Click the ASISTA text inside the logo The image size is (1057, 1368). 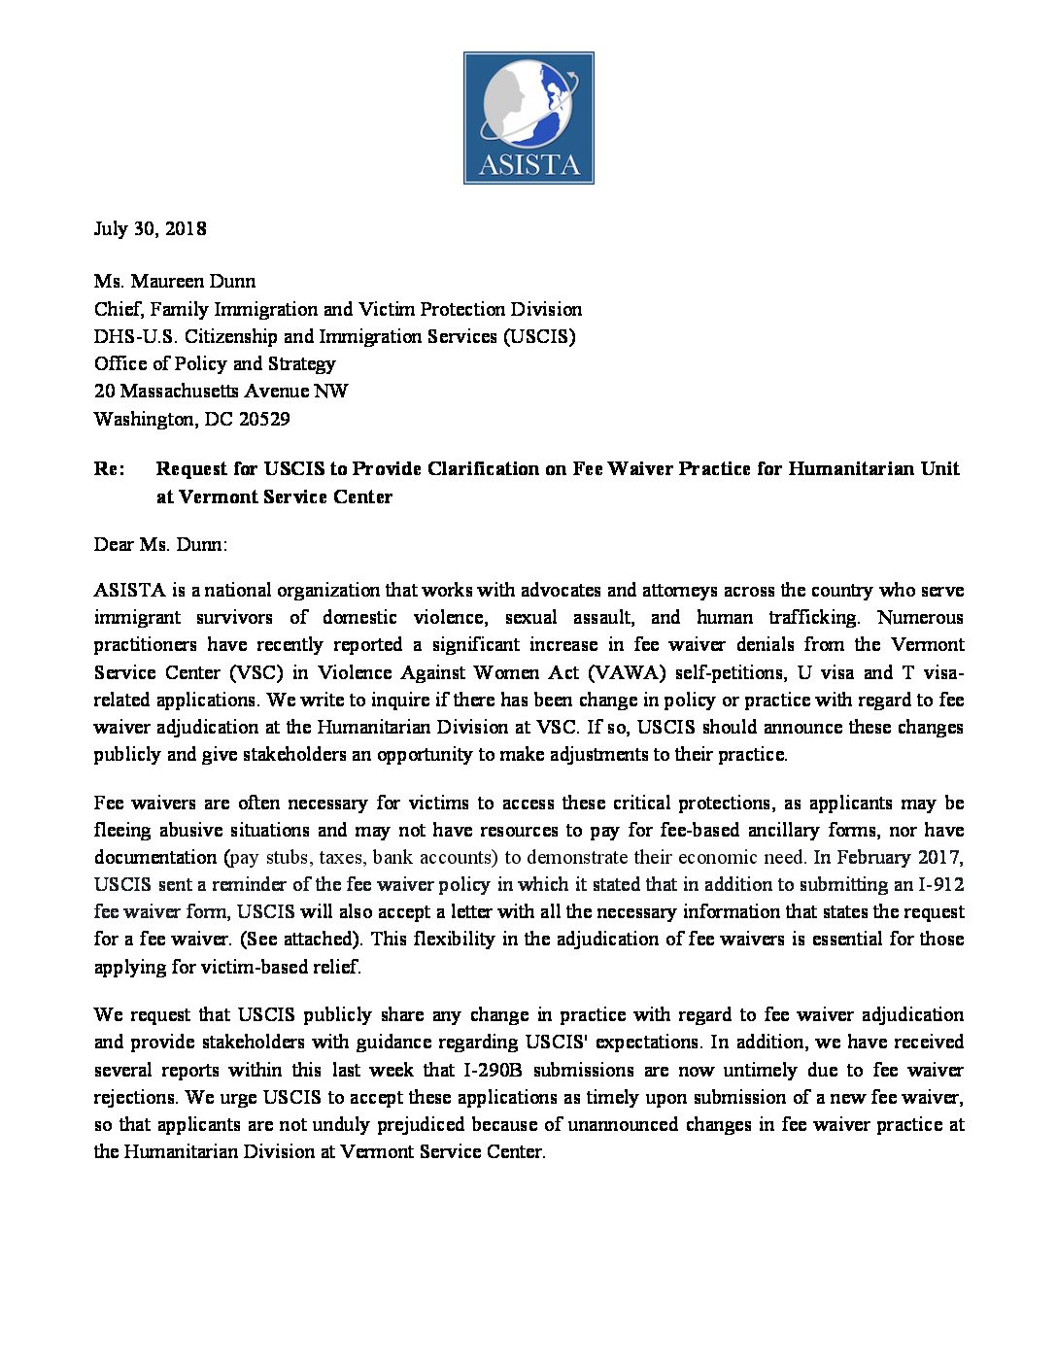528,164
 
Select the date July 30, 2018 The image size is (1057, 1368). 150,228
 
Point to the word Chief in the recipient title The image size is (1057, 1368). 118,309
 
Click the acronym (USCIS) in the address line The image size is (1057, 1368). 539,336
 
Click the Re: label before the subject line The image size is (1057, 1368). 109,468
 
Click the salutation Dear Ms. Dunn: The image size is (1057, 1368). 160,544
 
